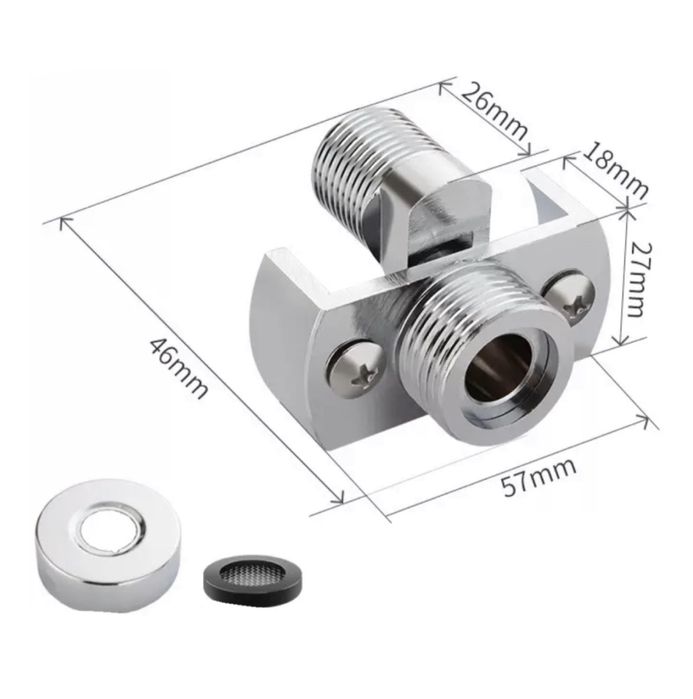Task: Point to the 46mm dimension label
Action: click(179, 367)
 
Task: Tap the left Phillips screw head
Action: click(355, 368)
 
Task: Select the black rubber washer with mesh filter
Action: click(253, 579)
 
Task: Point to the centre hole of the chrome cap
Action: click(110, 530)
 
